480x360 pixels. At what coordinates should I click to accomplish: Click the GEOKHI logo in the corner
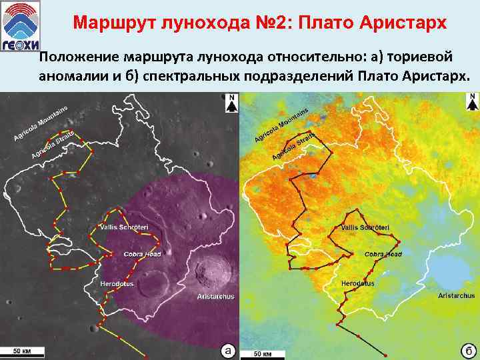pos(21,23)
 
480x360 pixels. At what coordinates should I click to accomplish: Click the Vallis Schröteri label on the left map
pos(123,228)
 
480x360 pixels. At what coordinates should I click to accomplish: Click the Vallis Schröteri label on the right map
pos(365,228)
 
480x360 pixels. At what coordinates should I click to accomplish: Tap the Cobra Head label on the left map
pos(142,255)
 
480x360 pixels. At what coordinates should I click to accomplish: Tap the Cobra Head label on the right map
pos(383,255)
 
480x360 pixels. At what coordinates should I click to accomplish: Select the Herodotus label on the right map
pos(358,284)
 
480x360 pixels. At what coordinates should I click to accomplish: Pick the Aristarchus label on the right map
pos(457,295)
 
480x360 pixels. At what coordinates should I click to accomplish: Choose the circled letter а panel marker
pos(228,350)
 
